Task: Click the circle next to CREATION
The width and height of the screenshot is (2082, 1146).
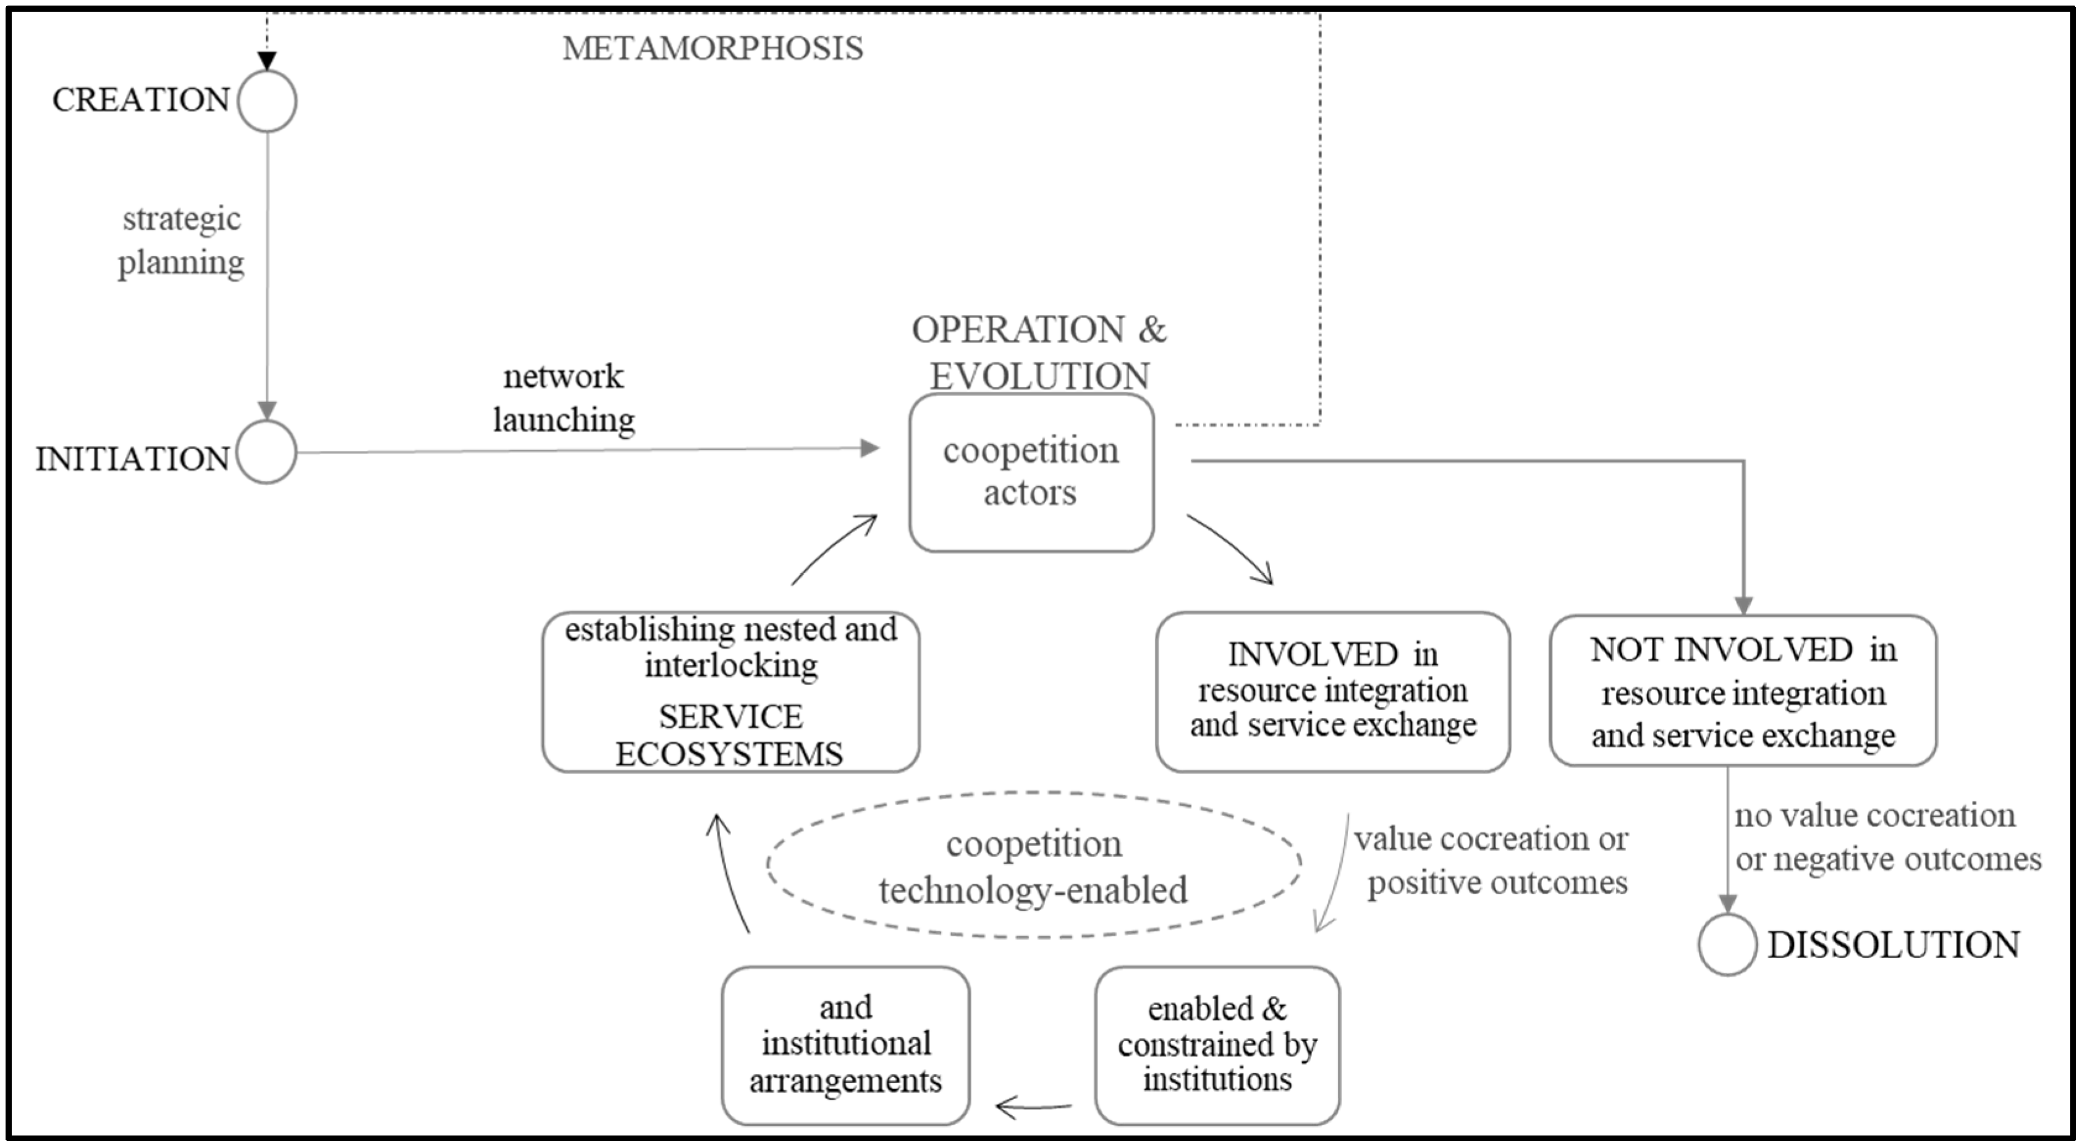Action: [268, 101]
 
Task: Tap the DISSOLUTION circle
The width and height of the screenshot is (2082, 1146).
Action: [1727, 945]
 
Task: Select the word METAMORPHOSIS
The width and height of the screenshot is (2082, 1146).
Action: [713, 48]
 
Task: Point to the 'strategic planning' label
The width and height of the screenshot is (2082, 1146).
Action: [181, 241]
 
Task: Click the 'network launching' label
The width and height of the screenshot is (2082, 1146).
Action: [564, 398]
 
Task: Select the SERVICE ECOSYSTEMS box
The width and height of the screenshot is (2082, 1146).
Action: [730, 692]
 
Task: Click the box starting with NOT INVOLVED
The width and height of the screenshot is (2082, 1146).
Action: [1743, 691]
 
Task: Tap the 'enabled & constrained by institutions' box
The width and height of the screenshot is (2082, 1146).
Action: [1217, 1045]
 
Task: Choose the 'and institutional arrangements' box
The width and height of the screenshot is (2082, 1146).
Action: [845, 1045]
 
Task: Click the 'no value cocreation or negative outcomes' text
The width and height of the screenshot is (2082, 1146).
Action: [1887, 837]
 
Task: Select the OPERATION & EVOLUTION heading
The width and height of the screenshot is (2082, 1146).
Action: [1039, 352]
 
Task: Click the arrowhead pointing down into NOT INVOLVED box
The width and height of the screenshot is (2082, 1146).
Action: [1743, 605]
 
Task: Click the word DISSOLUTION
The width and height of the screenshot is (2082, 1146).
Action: [1893, 945]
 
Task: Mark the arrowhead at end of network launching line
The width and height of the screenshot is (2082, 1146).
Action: [870, 448]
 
